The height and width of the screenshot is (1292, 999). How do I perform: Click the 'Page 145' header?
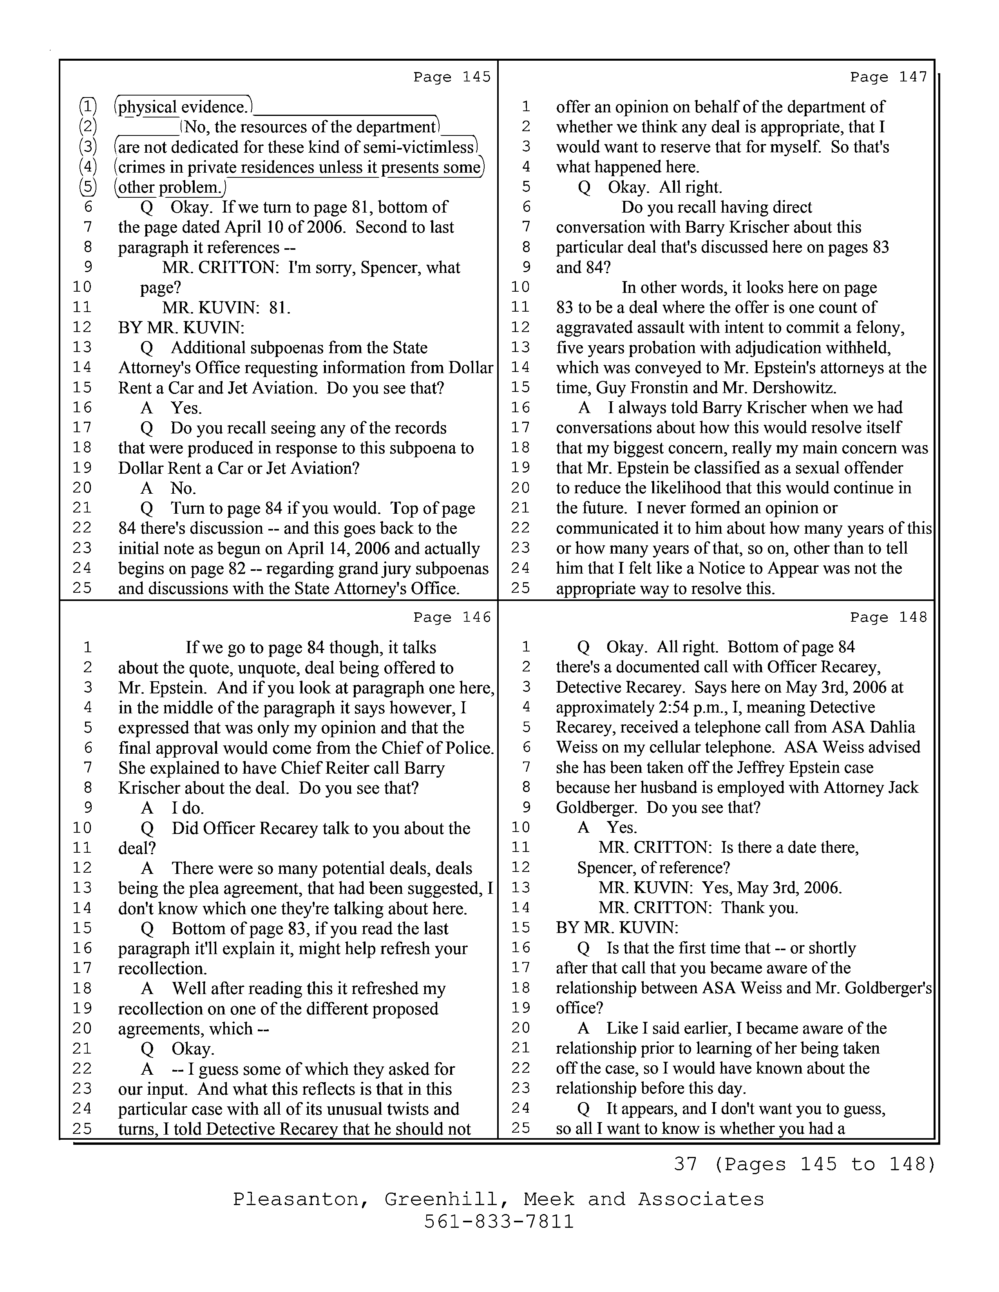click(452, 77)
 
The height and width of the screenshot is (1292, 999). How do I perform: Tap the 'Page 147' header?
click(889, 77)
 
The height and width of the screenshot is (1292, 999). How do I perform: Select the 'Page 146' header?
click(452, 617)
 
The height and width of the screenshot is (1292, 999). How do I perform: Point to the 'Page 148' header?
click(889, 617)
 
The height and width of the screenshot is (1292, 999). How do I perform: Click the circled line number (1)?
click(88, 107)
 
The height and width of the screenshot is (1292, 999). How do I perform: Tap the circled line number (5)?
click(88, 188)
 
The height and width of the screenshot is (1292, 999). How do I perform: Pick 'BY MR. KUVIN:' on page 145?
click(181, 328)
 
